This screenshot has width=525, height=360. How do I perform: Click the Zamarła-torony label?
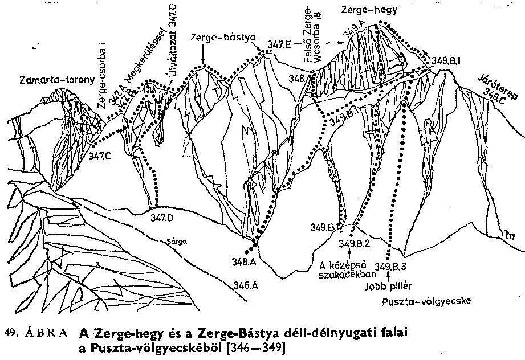click(x=56, y=80)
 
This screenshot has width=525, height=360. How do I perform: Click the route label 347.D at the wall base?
click(x=162, y=217)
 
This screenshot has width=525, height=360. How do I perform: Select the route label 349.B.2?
click(x=355, y=244)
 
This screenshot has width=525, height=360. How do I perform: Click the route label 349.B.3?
click(x=392, y=265)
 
